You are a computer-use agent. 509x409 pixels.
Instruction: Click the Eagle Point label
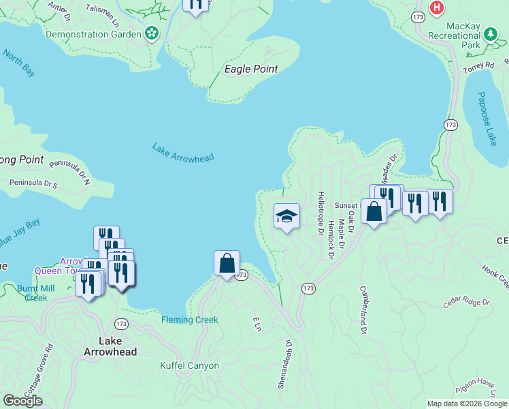251,69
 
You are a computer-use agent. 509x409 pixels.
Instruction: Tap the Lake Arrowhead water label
183,152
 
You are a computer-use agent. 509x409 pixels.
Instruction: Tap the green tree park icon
490,34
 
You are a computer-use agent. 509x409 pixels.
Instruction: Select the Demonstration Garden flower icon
152,33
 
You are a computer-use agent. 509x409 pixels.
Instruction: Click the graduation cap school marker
286,217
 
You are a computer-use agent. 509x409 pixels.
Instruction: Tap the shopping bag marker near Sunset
374,211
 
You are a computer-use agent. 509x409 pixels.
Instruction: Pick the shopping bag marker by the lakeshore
227,264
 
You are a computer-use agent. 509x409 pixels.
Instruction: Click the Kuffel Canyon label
190,365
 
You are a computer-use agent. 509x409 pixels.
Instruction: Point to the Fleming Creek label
190,320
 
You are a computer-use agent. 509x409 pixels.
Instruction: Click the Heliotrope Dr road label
321,213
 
